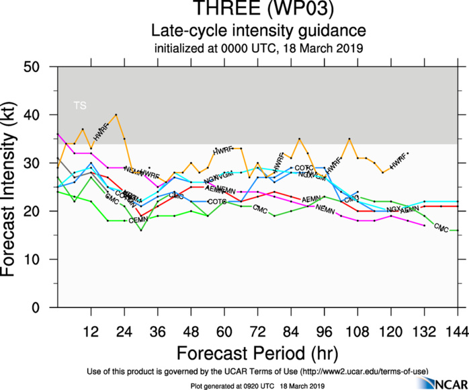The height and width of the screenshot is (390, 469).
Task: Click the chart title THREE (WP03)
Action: (259, 9)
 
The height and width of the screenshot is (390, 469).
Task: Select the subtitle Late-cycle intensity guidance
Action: (259, 30)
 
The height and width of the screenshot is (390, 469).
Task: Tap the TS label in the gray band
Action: (80, 106)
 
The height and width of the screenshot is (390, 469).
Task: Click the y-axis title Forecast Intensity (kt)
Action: (15, 187)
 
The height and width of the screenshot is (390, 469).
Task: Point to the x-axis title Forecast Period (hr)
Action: (258, 353)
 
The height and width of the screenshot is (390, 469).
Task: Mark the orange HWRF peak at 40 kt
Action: (116, 115)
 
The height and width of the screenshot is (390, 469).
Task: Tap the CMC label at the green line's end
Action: (441, 228)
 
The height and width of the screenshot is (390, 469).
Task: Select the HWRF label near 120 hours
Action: (398, 161)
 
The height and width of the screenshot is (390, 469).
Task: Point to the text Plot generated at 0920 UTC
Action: (234, 385)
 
